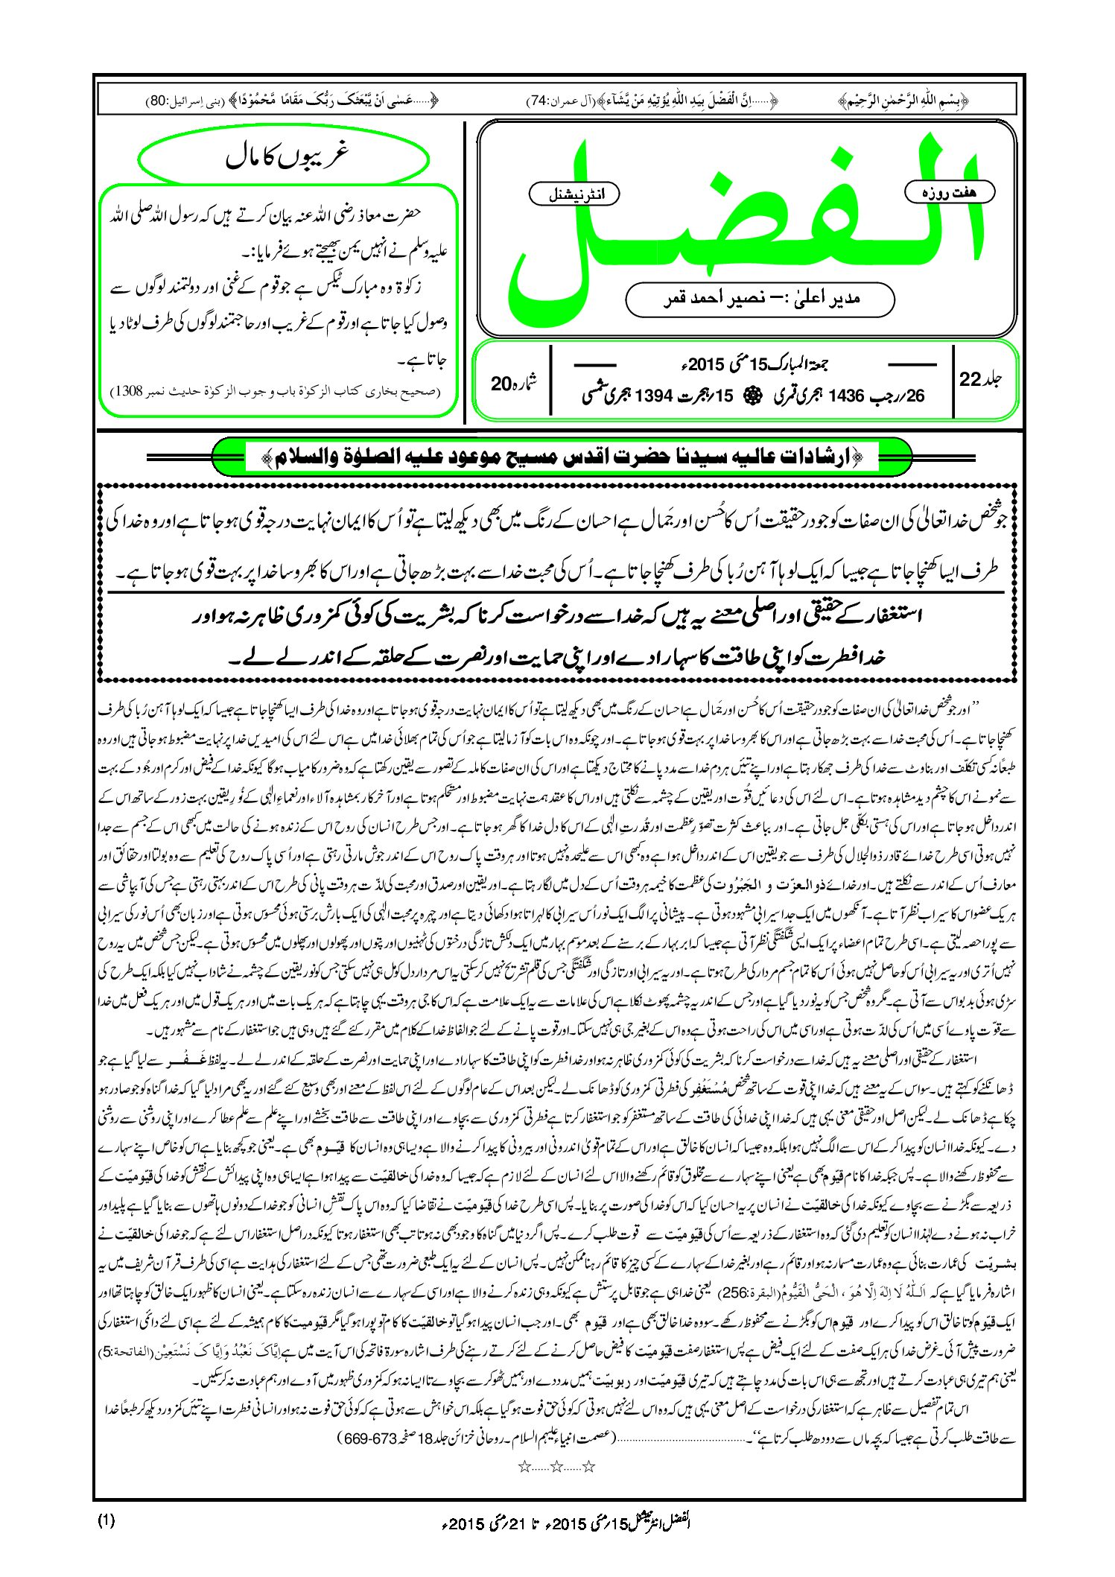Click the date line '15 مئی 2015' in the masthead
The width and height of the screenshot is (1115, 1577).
click(752, 364)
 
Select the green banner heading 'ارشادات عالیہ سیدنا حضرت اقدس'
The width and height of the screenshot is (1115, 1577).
click(562, 457)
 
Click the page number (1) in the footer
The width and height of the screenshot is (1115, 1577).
click(105, 1520)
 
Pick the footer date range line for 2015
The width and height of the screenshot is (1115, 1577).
click(566, 1521)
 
